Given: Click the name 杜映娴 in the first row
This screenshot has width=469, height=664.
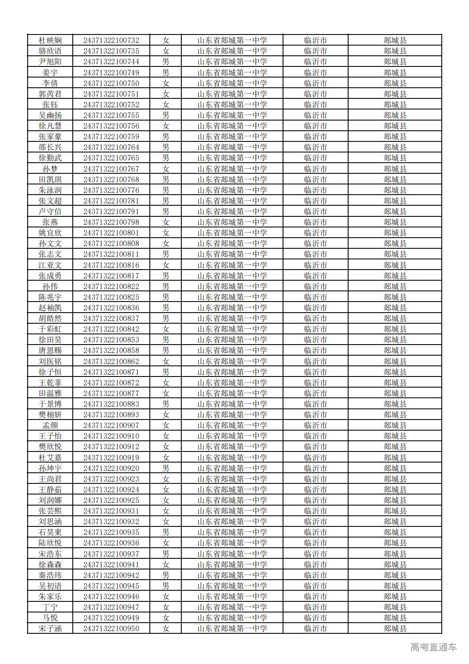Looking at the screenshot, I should click(x=50, y=40).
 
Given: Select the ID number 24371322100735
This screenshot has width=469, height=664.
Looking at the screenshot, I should click(x=111, y=51).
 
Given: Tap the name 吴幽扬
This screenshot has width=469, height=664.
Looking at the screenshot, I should click(x=50, y=115).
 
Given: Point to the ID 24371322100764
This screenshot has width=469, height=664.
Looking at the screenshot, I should click(x=111, y=147).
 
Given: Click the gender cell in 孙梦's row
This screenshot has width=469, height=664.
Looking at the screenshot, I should click(x=166, y=169).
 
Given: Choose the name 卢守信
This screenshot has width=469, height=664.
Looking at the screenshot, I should click(x=50, y=212).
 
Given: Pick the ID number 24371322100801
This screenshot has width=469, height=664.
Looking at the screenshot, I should click(x=111, y=233).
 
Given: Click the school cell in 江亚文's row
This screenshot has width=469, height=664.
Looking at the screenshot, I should click(x=232, y=265).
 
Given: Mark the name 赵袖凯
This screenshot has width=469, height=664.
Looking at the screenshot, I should click(x=50, y=308).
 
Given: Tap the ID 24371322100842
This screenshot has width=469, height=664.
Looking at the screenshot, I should click(x=111, y=329).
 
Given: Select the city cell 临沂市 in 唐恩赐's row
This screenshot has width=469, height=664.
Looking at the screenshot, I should click(x=315, y=351).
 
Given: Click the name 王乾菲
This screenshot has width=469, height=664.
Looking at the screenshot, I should click(x=50, y=383).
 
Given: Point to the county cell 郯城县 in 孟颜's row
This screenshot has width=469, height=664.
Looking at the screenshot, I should click(x=395, y=425).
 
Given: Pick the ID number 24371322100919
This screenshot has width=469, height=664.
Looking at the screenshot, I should click(x=111, y=458).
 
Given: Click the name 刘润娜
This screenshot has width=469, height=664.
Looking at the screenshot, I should click(x=50, y=500).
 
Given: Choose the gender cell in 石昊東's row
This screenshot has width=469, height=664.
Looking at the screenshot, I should click(x=166, y=532).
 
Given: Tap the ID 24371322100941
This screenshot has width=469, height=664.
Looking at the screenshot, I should click(x=111, y=565).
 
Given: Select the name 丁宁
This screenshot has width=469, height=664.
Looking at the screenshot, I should click(x=50, y=607).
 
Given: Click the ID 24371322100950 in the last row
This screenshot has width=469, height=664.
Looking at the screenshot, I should click(x=111, y=629).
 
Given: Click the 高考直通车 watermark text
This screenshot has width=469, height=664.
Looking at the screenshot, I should click(x=433, y=647).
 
